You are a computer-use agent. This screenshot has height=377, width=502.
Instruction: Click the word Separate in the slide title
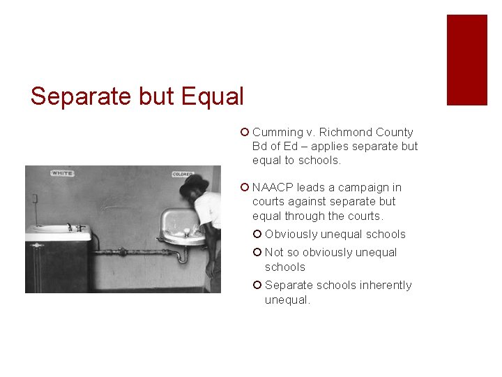point(73,96)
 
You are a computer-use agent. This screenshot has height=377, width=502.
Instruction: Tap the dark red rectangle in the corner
point(466,60)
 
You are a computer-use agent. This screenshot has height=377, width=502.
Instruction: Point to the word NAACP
point(273,187)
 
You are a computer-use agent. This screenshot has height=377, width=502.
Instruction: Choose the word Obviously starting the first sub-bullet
point(291,234)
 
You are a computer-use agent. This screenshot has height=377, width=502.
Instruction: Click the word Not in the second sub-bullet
point(274,252)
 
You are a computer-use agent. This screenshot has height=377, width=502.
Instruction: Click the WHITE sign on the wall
point(63,172)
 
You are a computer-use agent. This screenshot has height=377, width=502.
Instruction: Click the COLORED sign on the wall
point(182,175)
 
